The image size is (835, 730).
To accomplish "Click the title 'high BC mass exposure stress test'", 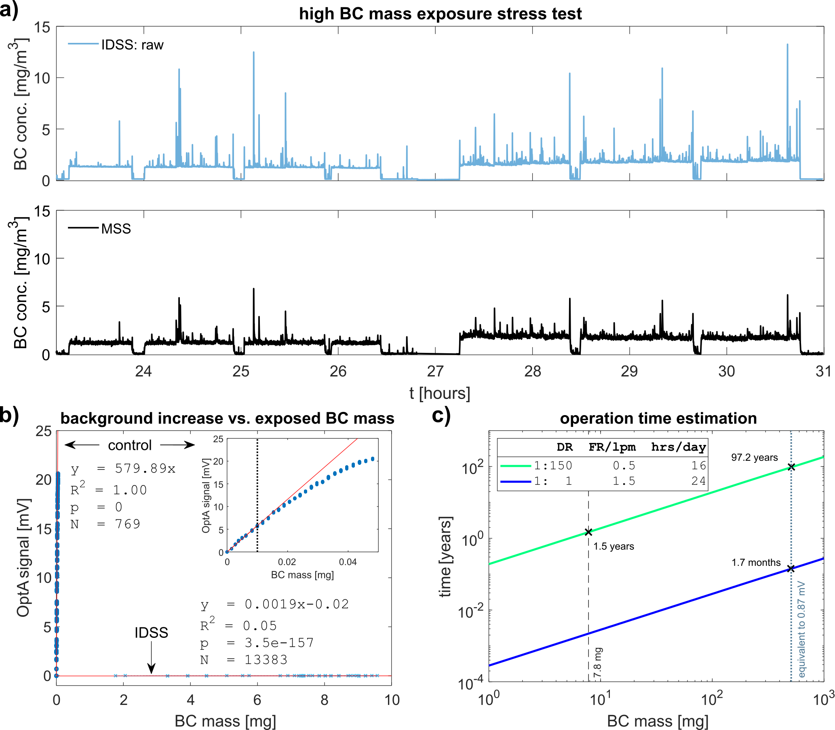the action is click(440, 14).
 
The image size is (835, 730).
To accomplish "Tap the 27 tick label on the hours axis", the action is click(435, 371).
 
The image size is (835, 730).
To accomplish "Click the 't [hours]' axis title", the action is click(440, 394).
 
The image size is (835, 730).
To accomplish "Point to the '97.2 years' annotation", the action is click(754, 458).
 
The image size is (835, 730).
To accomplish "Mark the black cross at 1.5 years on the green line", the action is click(588, 532).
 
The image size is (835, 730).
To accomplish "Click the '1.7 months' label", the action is click(756, 563).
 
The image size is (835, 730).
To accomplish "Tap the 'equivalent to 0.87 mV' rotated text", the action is click(801, 629).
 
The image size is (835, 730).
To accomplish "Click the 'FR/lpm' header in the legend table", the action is click(612, 447).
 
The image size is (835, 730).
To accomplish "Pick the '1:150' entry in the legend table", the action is click(553, 465).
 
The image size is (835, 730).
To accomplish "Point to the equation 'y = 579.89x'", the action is click(123, 469).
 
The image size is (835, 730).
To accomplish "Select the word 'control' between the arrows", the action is click(130, 445).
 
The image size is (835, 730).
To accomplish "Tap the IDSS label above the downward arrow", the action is click(152, 632).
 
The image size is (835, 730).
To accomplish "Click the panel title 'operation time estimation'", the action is click(658, 418).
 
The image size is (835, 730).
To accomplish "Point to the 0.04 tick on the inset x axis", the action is click(348, 562).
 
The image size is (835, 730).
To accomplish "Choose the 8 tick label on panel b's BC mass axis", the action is click(325, 700).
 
